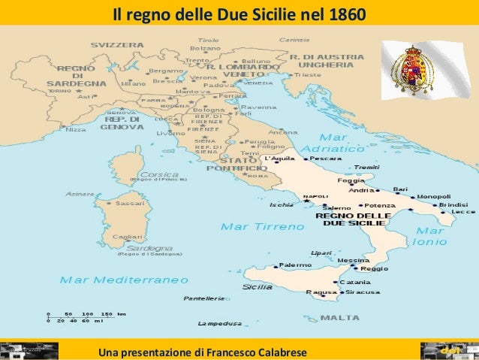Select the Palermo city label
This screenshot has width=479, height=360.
[295, 265]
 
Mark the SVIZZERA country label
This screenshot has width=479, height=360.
[117, 45]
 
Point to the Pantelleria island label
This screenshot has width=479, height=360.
[203, 298]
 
